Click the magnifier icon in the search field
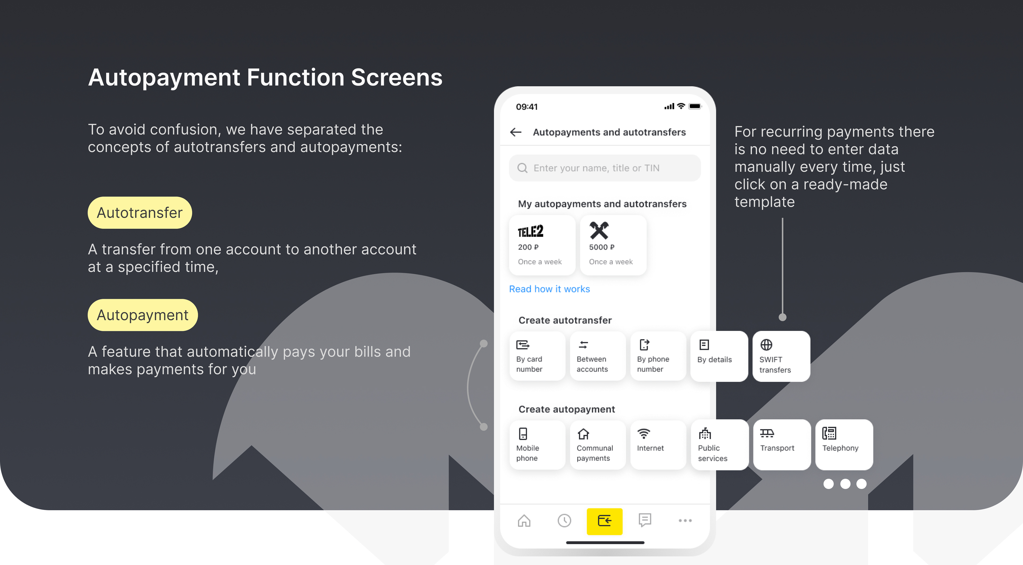pyautogui.click(x=522, y=168)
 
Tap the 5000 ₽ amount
pyautogui.click(x=602, y=247)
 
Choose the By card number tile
pyautogui.click(x=537, y=356)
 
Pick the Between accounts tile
pyautogui.click(x=598, y=356)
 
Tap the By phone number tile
pyautogui.click(x=658, y=356)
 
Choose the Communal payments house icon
pyautogui.click(x=583, y=434)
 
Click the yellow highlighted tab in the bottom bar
pyautogui.click(x=605, y=521)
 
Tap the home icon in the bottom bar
pyautogui.click(x=524, y=521)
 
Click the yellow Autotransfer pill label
pyautogui.click(x=140, y=213)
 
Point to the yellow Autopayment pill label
pyautogui.click(x=143, y=315)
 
